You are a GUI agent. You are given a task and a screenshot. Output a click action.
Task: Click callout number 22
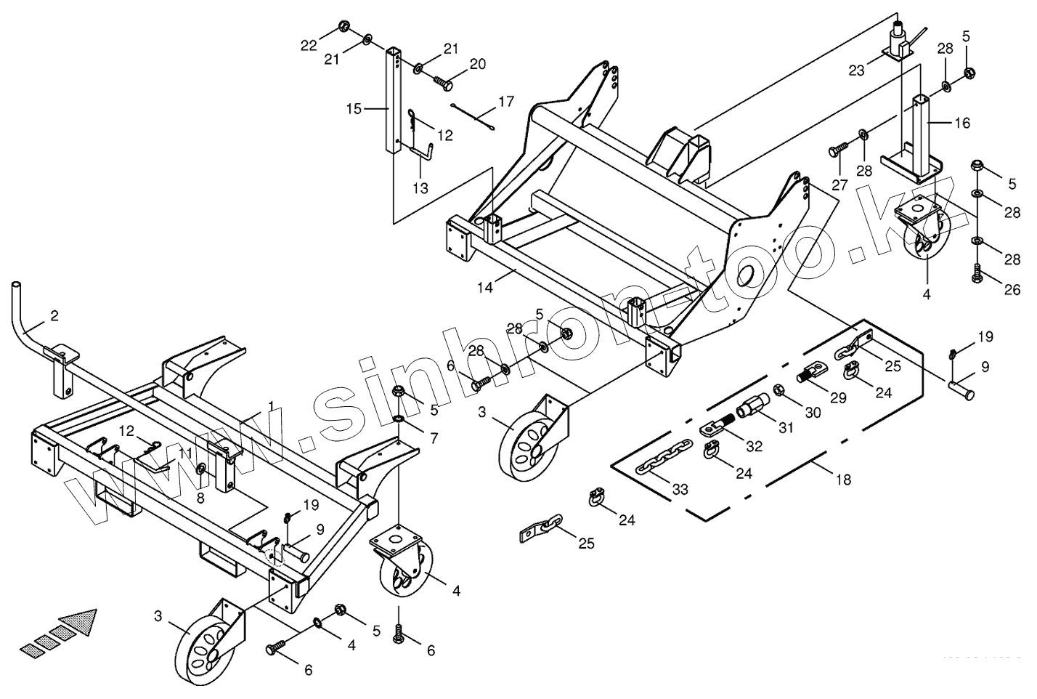[309, 45]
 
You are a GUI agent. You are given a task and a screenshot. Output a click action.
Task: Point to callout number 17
[505, 101]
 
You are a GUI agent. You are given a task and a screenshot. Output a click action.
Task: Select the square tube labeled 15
[393, 102]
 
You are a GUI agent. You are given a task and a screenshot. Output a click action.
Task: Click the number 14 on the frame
[485, 287]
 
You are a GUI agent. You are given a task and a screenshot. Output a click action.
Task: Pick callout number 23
[857, 70]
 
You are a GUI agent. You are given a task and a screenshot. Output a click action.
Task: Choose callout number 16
[961, 123]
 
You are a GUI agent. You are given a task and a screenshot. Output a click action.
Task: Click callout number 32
[755, 446]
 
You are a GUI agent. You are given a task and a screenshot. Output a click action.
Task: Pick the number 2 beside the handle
[54, 315]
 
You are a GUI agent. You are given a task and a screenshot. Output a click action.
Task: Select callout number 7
[434, 438]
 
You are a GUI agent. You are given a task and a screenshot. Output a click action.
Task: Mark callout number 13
[420, 188]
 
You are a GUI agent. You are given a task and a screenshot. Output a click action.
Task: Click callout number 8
[201, 498]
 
